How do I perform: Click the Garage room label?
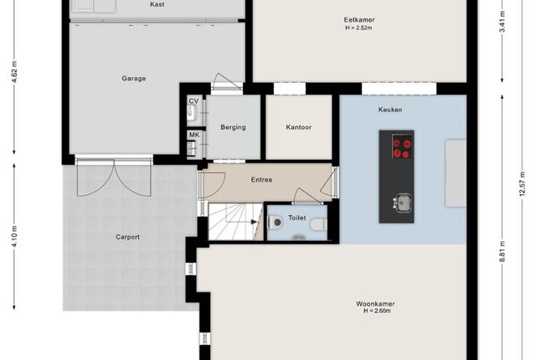point(134,78)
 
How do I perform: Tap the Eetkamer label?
point(359,20)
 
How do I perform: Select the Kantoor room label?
point(298,127)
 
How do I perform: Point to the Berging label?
point(233,127)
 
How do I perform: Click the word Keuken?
point(390,110)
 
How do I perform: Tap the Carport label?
point(127,237)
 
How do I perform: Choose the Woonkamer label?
point(375,304)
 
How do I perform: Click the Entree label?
point(261,180)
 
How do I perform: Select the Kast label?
point(157,4)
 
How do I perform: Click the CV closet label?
point(193,101)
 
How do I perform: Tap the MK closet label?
point(194,135)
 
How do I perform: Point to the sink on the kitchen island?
point(401,203)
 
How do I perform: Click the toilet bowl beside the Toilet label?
point(276,223)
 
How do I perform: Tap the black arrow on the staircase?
point(254,222)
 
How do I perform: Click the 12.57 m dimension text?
point(522,183)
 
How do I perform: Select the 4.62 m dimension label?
point(14,72)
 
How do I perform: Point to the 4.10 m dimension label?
point(14,236)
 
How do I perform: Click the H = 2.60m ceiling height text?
point(377,311)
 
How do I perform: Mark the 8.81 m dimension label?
point(502,252)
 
